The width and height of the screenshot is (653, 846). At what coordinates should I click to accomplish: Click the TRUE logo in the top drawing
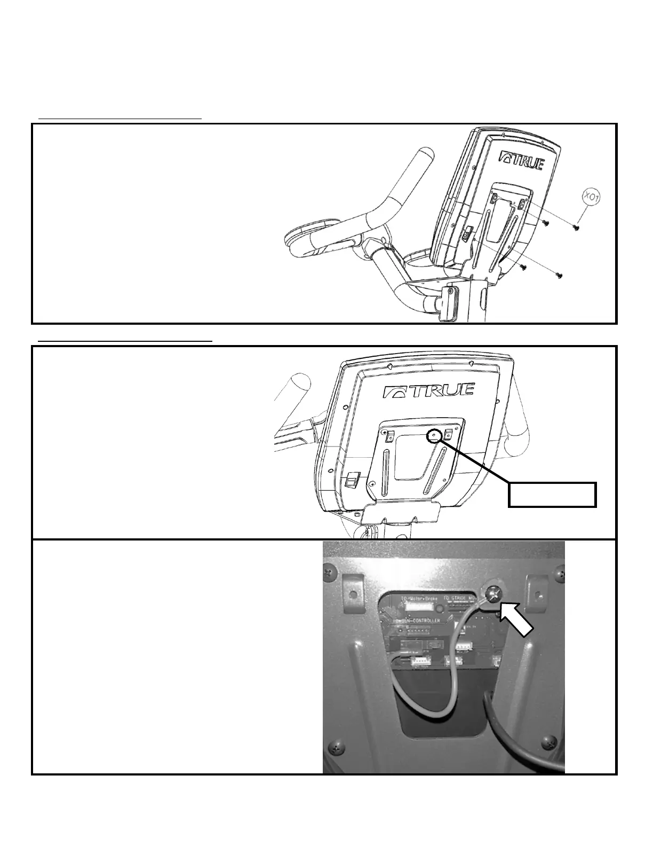point(521,160)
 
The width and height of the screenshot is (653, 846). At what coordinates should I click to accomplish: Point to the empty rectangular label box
point(552,494)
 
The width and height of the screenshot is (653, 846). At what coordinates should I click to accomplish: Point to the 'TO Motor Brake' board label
point(419,599)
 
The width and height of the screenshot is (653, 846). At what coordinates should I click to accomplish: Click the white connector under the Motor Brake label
point(419,607)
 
